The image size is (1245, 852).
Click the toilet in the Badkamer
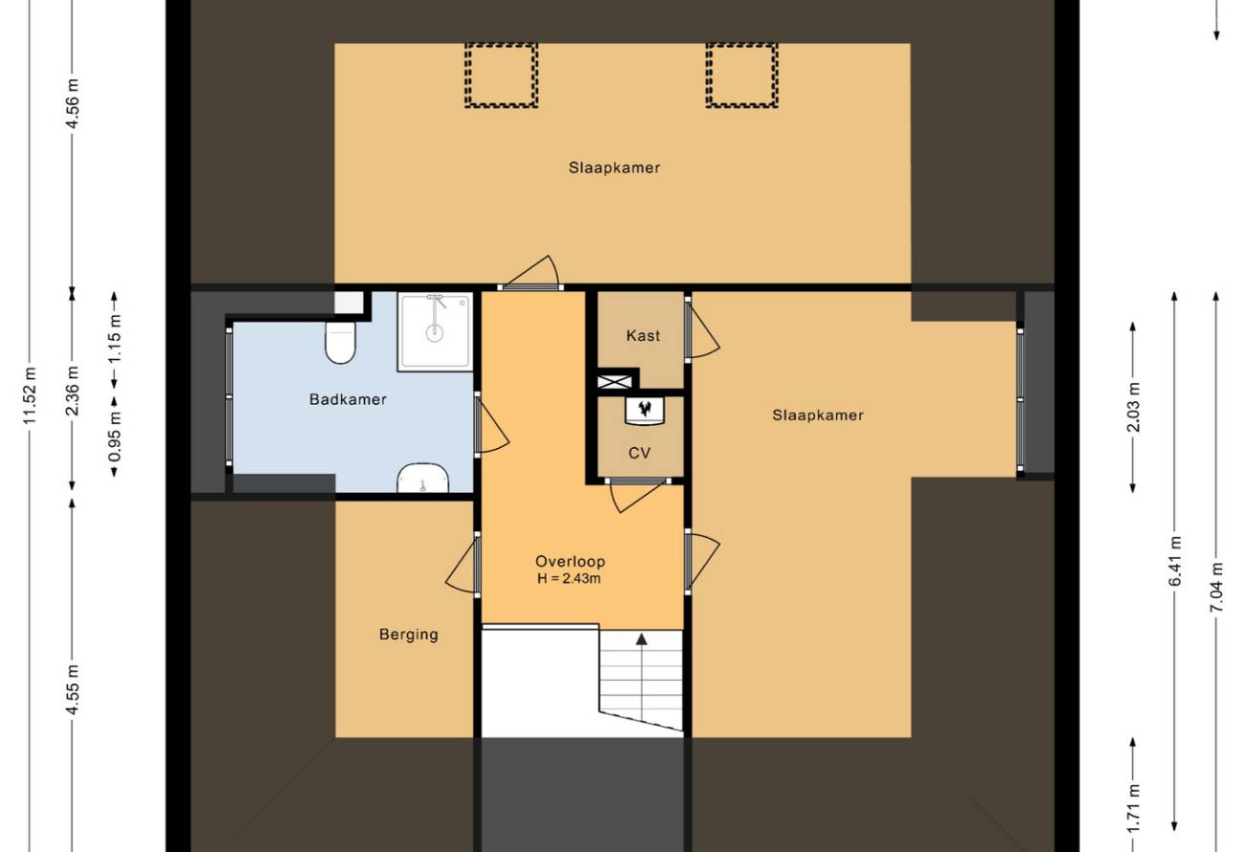[340, 342]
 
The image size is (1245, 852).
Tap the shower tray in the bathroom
[435, 331]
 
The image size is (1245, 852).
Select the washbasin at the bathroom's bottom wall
[423, 478]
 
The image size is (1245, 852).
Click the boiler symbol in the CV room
[645, 411]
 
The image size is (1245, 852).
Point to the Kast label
[643, 335]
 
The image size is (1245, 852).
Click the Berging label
[409, 635]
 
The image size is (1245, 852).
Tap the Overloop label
[570, 562]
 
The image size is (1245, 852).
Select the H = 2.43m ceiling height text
[569, 579]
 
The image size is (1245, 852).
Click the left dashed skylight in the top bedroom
[501, 75]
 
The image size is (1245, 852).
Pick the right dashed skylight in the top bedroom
[742, 75]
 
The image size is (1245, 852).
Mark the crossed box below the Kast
[615, 382]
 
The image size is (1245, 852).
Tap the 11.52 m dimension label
[30, 395]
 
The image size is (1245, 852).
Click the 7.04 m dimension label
[1216, 587]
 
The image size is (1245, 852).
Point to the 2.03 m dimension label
[1133, 407]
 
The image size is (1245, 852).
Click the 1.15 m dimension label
[115, 339]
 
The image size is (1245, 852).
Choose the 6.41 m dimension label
[1174, 562]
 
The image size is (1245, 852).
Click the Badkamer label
[348, 399]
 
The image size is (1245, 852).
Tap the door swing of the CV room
[638, 496]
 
